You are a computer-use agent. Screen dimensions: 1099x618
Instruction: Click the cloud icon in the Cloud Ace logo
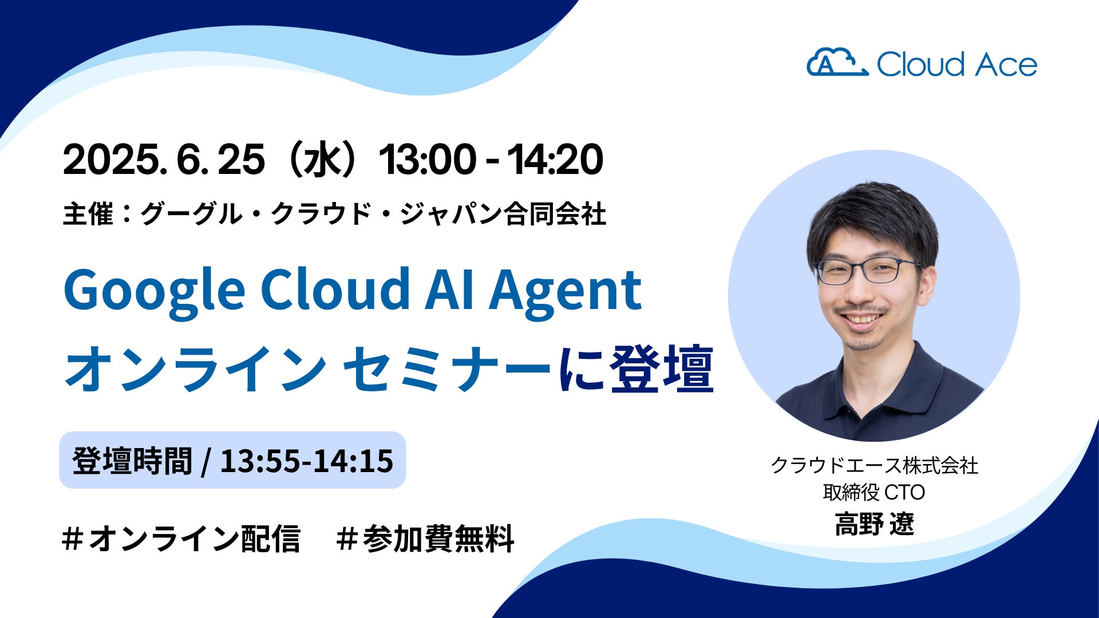pyautogui.click(x=837, y=62)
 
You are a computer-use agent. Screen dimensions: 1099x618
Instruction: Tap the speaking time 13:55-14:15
pyautogui.click(x=307, y=461)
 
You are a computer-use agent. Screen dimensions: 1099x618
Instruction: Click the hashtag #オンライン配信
pyautogui.click(x=181, y=539)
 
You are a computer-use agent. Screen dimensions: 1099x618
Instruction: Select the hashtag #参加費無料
pyautogui.click(x=425, y=539)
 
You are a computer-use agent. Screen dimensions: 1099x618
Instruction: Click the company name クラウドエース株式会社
pyautogui.click(x=874, y=465)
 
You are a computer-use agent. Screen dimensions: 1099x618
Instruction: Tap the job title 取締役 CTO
pyautogui.click(x=874, y=492)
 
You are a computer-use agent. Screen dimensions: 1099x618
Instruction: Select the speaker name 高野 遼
pyautogui.click(x=874, y=524)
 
